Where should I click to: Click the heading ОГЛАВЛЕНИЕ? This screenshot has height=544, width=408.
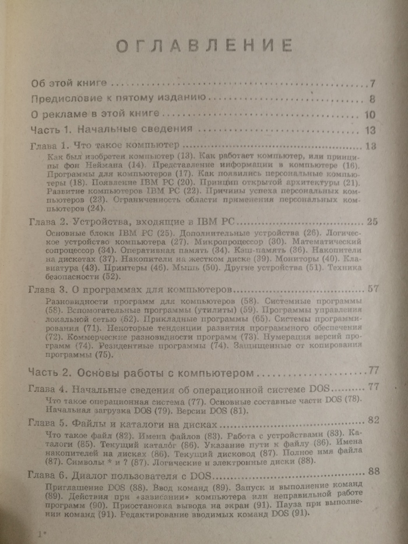pyautogui.click(x=204, y=45)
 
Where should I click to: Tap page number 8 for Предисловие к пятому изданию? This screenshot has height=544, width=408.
pyautogui.click(x=371, y=99)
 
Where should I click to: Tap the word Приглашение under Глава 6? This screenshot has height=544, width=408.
pyautogui.click(x=73, y=486)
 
